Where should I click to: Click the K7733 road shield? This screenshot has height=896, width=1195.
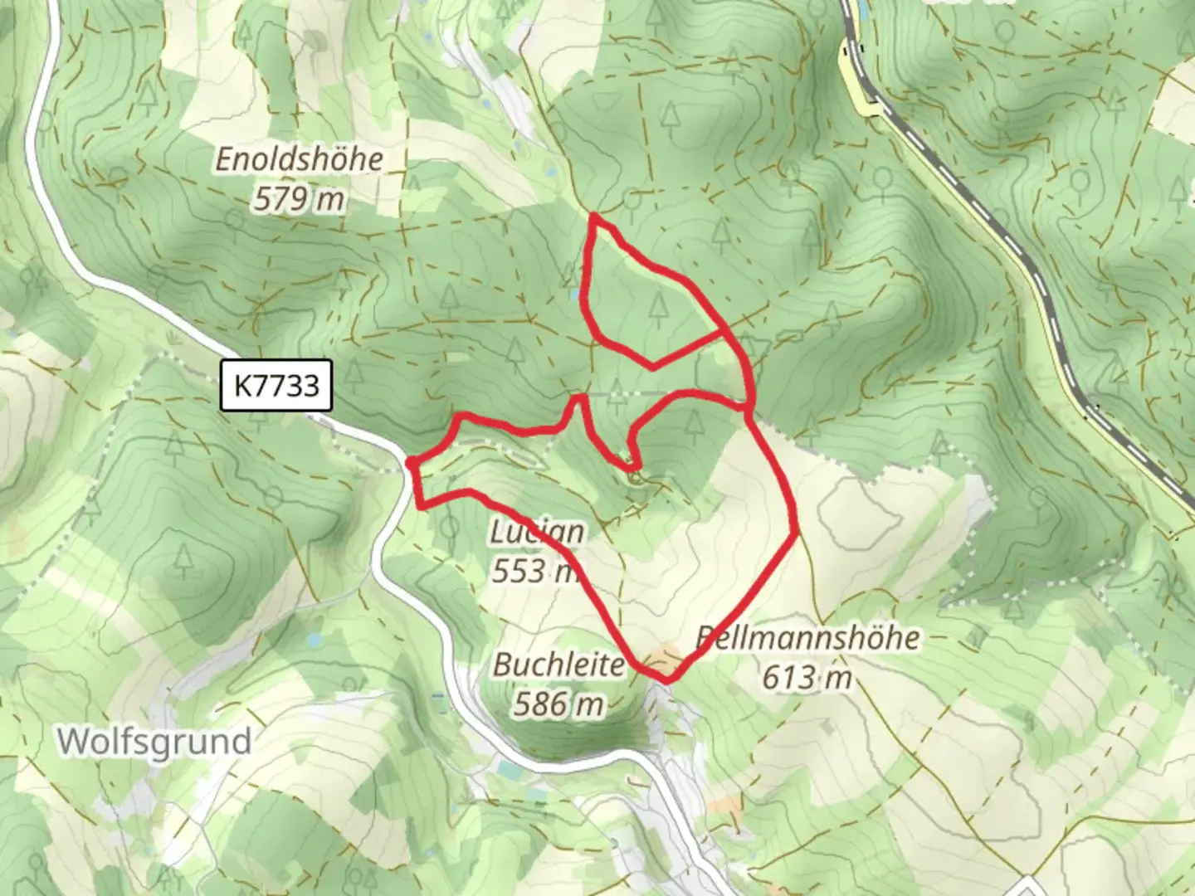[x=276, y=385]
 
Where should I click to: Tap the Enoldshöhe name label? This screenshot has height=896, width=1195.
[x=300, y=158]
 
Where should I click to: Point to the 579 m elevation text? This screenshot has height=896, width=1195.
[x=299, y=199]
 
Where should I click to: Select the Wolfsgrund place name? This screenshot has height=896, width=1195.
[x=154, y=741]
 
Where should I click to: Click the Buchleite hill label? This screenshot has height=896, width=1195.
[x=558, y=665]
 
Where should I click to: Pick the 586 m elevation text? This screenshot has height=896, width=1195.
[x=558, y=704]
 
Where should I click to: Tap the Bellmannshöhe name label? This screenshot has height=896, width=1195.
[x=807, y=637]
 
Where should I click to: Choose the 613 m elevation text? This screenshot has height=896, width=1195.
[x=807, y=678]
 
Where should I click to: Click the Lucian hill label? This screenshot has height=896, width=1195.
[x=537, y=532]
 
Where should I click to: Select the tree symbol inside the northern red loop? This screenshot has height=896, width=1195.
[x=658, y=307]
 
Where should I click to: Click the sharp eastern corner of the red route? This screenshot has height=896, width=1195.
[x=797, y=531]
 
